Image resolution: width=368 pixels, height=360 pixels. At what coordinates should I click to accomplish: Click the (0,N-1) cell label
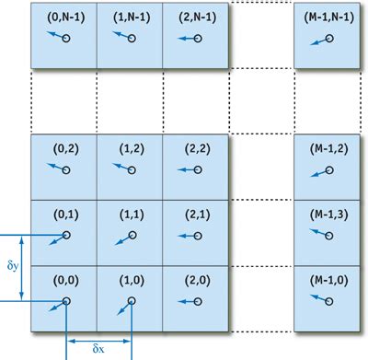(66, 17)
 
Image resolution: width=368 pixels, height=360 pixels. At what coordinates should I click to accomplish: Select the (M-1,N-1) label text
(329, 17)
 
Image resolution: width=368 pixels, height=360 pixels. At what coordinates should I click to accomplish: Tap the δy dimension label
(13, 265)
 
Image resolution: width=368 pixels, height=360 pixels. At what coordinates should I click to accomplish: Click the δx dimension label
(98, 349)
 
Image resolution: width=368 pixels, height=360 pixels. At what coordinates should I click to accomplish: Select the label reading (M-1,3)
(329, 215)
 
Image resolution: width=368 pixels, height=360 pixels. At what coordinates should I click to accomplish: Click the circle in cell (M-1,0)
(329, 302)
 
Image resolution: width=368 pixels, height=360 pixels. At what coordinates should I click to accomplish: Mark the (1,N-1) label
(132, 17)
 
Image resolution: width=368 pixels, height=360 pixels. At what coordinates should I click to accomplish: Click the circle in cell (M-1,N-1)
(329, 39)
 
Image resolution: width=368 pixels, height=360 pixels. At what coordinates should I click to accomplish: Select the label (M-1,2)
(329, 149)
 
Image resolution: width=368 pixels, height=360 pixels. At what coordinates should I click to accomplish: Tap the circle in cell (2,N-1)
(198, 39)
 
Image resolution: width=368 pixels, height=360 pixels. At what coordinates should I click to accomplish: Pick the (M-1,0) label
(329, 281)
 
